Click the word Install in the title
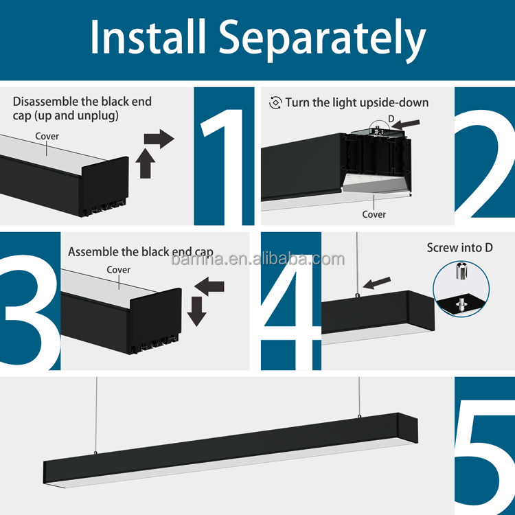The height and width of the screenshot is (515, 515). click(148, 37)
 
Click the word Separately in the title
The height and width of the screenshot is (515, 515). click(323, 40)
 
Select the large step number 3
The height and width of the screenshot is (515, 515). click(30, 312)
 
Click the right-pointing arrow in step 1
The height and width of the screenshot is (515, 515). click(159, 139)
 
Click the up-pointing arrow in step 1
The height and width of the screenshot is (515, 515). click(145, 163)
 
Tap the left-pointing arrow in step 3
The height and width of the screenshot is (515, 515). click(209, 286)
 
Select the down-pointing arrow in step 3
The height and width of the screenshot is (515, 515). click(197, 311)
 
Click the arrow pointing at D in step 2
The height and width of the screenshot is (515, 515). click(406, 124)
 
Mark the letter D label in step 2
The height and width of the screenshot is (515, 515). click(391, 119)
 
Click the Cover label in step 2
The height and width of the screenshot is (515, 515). click(374, 214)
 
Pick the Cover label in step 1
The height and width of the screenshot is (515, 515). click(47, 137)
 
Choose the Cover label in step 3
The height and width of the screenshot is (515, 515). click(118, 270)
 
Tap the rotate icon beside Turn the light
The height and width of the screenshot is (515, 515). click(275, 103)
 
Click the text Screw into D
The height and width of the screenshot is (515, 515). click(460, 248)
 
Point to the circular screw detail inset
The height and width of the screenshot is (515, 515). click(461, 289)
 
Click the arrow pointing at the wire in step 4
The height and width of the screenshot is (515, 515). click(377, 283)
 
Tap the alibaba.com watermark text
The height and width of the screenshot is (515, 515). click(257, 260)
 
